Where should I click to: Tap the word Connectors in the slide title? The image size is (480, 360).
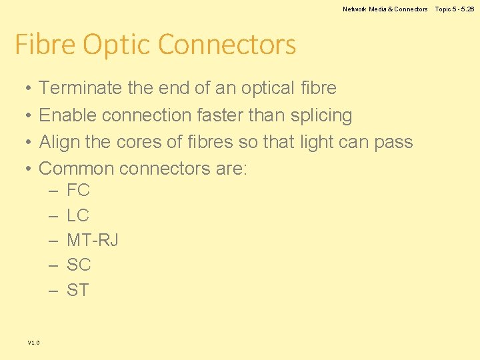[x=227, y=45]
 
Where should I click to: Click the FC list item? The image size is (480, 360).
[x=78, y=191]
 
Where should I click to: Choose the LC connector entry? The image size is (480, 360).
[x=78, y=215]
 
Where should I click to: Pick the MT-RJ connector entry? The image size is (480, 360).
[x=93, y=240]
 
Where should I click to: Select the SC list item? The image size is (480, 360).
[x=79, y=265]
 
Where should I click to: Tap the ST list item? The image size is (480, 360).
[x=78, y=290]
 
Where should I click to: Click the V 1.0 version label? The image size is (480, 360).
[x=33, y=343]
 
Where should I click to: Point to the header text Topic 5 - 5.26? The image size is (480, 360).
[x=455, y=9]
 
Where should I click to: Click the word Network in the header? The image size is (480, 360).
[x=355, y=9]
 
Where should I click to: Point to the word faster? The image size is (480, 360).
[x=220, y=115]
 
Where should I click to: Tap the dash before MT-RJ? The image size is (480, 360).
[x=53, y=241]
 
